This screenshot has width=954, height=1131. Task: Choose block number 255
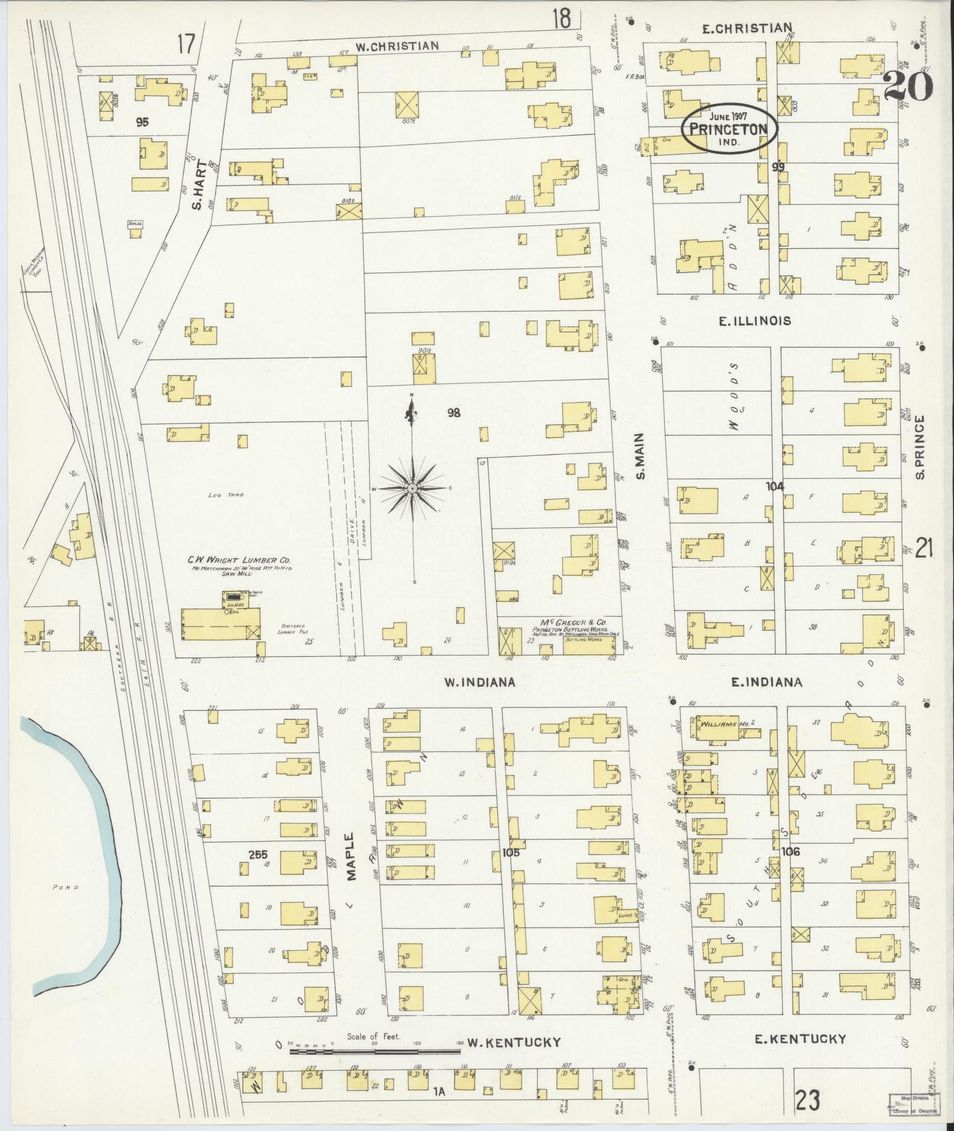(258, 854)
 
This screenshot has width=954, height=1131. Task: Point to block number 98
(454, 413)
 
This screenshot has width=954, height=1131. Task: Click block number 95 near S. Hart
(142, 122)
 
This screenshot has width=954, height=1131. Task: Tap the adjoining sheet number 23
(807, 1101)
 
